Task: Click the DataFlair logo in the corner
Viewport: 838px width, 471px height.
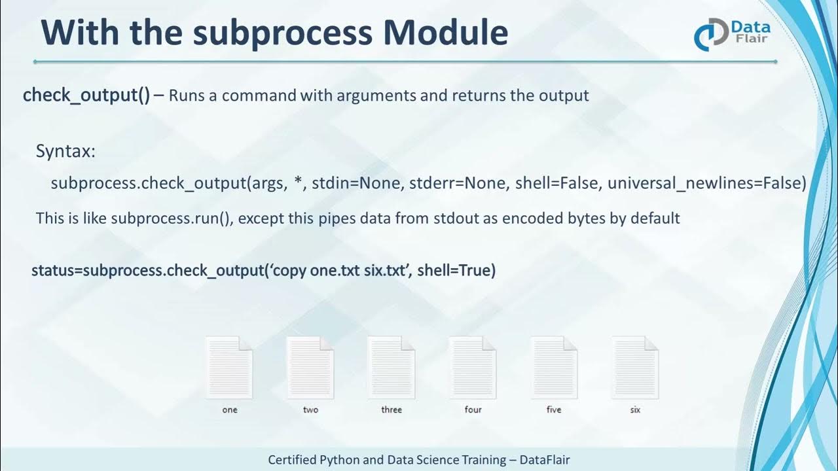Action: (x=732, y=34)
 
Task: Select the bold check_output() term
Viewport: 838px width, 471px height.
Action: (x=86, y=96)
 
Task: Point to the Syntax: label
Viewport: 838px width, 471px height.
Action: (x=65, y=152)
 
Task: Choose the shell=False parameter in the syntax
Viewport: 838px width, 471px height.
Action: (x=557, y=183)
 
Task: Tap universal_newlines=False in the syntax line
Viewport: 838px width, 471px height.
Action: (x=706, y=183)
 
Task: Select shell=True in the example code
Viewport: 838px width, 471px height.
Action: (x=456, y=270)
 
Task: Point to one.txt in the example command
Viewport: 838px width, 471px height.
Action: (x=335, y=270)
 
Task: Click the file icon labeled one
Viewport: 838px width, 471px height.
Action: (x=229, y=368)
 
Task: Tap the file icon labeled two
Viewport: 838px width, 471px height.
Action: (x=310, y=368)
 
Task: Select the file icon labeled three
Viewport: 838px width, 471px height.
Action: (x=392, y=368)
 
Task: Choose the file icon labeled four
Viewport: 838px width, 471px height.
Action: (x=473, y=368)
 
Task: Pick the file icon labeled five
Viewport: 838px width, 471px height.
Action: (x=554, y=368)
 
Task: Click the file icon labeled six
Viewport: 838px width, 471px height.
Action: (x=635, y=368)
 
